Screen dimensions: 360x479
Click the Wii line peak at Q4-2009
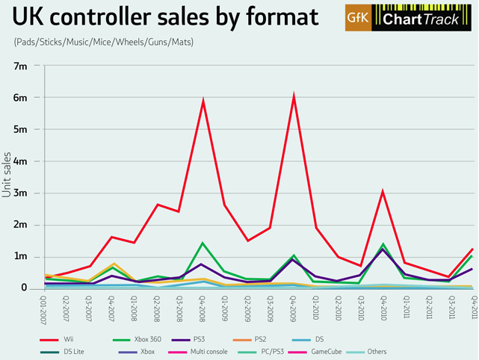(294, 96)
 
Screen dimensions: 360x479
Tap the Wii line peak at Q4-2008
(203, 101)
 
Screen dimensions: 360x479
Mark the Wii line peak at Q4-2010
(383, 192)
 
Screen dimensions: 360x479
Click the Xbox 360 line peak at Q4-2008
(203, 243)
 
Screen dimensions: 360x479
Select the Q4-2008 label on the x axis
(203, 308)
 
